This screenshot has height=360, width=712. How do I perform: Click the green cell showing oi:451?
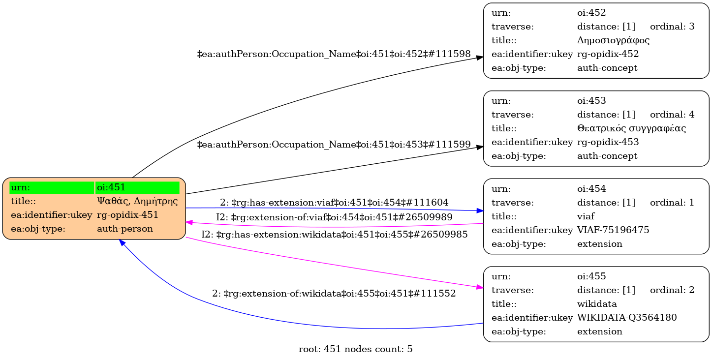click(x=137, y=187)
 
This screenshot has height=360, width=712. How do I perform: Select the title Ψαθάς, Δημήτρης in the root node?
click(x=137, y=201)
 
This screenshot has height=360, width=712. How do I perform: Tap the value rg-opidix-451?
click(x=127, y=215)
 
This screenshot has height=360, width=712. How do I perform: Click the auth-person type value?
click(x=125, y=229)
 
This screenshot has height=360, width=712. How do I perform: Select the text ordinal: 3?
click(x=672, y=27)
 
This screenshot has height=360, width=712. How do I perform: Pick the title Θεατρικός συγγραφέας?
click(x=631, y=128)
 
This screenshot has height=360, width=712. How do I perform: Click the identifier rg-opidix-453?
click(x=608, y=142)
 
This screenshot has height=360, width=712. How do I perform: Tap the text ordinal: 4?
click(x=672, y=115)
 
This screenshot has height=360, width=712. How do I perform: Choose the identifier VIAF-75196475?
click(x=613, y=230)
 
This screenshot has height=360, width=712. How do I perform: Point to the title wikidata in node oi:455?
click(x=597, y=304)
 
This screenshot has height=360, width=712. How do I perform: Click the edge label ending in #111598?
click(x=334, y=54)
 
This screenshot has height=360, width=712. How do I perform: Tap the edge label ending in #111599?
click(x=334, y=145)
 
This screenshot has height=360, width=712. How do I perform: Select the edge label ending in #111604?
click(x=334, y=202)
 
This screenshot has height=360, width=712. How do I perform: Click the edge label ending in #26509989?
click(x=334, y=217)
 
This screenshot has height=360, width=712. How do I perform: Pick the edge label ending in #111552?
click(x=334, y=294)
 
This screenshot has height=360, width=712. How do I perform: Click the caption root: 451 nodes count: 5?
click(x=355, y=350)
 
